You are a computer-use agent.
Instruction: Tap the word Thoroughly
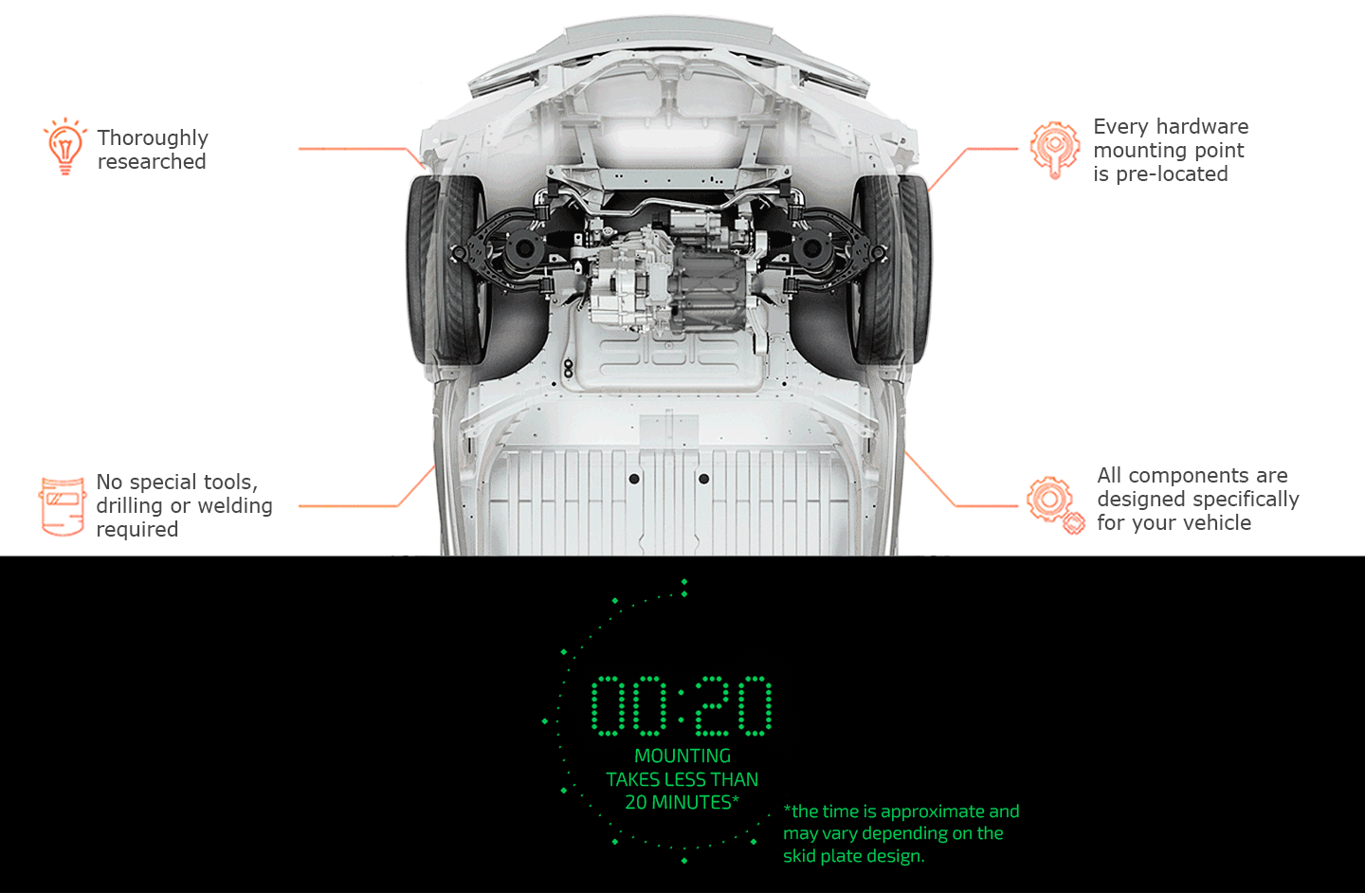(153, 138)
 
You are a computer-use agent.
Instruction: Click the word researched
(152, 161)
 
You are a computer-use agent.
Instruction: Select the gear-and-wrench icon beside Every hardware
(1055, 150)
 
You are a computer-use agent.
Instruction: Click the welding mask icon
(63, 506)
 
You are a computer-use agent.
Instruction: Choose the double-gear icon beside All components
(1055, 505)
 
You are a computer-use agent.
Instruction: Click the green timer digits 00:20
(682, 705)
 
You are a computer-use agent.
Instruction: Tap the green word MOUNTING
(682, 756)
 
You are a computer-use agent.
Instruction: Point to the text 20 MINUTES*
(682, 802)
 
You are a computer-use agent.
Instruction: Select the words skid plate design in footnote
(854, 856)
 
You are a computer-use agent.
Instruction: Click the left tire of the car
(447, 270)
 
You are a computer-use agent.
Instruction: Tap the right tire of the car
(891, 270)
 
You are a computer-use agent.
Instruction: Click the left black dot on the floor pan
(634, 479)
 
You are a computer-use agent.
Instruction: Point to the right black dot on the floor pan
(703, 479)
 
